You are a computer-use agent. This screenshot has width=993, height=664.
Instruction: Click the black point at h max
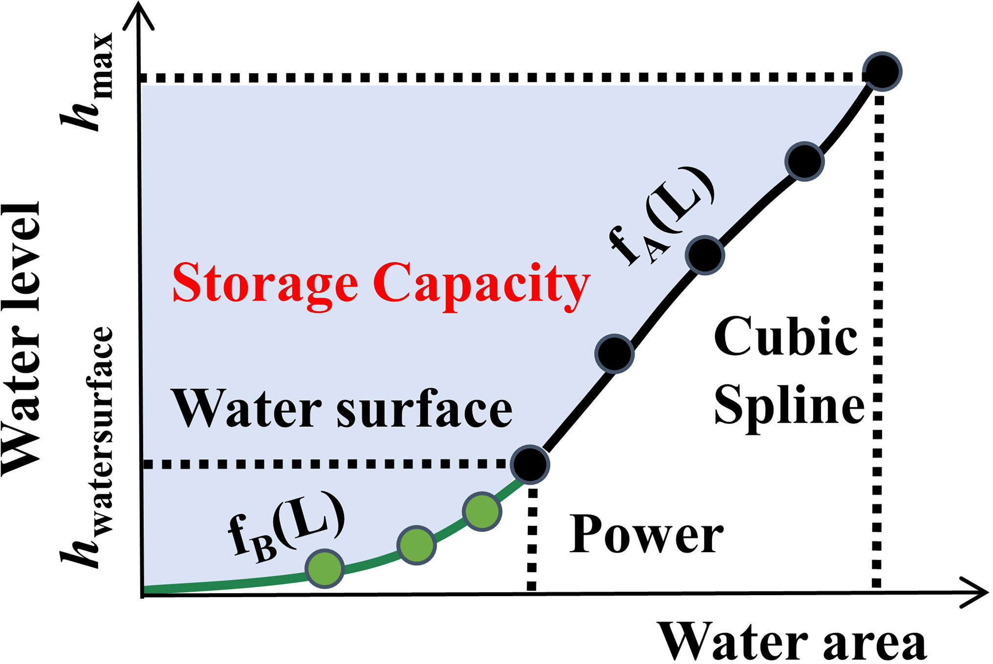click(x=882, y=72)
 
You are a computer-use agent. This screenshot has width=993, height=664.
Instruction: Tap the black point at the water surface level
click(x=530, y=464)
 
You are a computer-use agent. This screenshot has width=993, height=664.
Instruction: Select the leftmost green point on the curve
click(x=325, y=568)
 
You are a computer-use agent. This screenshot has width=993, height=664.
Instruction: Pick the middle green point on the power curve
click(x=416, y=545)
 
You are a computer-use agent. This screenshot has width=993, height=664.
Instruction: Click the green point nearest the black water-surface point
click(x=482, y=511)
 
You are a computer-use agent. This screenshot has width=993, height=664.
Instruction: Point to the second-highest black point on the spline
click(x=804, y=161)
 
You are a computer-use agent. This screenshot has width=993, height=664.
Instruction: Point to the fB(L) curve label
click(x=287, y=527)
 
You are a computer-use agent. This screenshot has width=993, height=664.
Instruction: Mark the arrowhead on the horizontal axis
click(x=975, y=592)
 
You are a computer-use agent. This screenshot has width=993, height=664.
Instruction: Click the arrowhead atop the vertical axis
click(x=139, y=17)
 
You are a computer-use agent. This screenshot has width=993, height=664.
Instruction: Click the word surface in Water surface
click(x=423, y=409)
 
